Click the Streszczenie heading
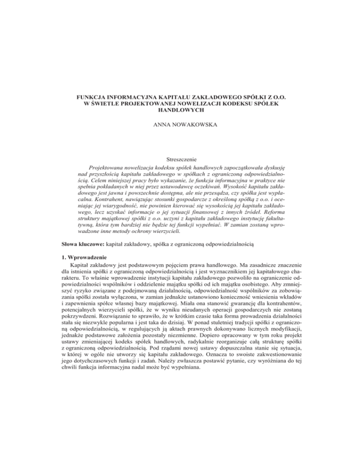click(180, 160)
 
